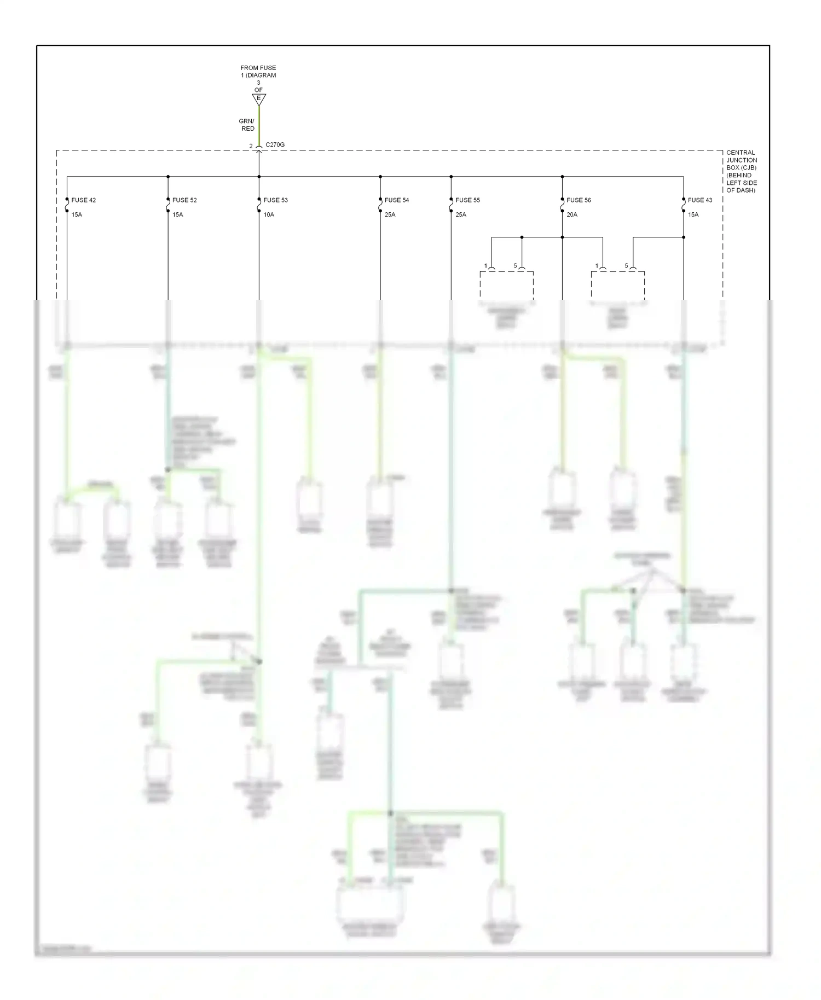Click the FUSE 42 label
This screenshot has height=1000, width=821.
(x=83, y=200)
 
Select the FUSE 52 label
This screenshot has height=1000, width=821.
(x=184, y=200)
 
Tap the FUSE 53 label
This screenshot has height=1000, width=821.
(x=275, y=200)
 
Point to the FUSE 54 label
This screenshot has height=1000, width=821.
(x=397, y=200)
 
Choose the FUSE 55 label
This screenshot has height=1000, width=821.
(x=467, y=200)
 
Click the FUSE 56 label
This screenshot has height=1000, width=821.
(x=579, y=200)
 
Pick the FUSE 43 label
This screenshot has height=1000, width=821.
(x=700, y=200)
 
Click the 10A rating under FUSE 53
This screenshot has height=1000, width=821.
(x=269, y=215)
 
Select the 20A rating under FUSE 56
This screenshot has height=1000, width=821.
(x=572, y=215)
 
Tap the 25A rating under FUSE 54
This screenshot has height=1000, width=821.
(x=390, y=215)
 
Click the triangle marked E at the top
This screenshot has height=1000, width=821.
(x=259, y=99)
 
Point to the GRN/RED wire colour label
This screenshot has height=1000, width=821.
(x=247, y=125)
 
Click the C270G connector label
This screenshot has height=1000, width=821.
(x=275, y=145)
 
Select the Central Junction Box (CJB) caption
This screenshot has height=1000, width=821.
(x=741, y=171)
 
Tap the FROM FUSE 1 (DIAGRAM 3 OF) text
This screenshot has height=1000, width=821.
(x=258, y=79)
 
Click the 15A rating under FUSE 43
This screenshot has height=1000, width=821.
(x=693, y=215)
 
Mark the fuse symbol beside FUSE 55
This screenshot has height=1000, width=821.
(x=451, y=205)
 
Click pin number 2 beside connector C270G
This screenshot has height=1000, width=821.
(x=251, y=146)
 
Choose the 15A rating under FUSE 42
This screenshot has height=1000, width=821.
(x=77, y=215)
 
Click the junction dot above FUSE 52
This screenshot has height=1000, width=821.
(x=168, y=177)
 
